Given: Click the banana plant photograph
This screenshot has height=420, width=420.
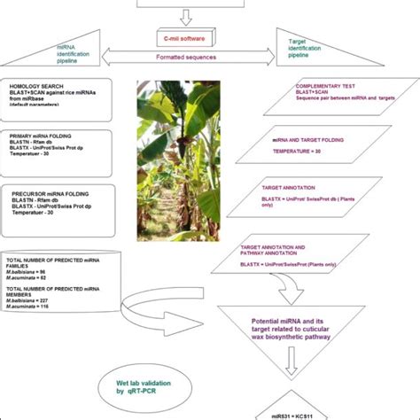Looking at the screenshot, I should click(180, 160).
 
